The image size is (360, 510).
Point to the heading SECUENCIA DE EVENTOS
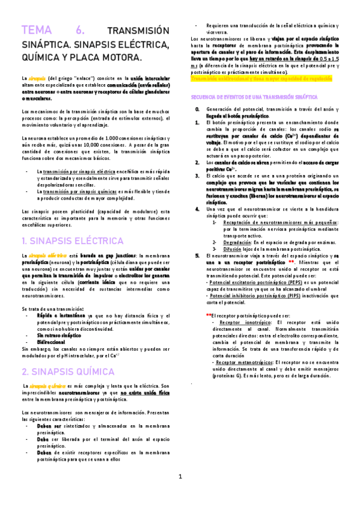tap(255, 96)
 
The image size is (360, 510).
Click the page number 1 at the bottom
tap(180, 494)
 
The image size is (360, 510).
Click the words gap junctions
tap(115, 256)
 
